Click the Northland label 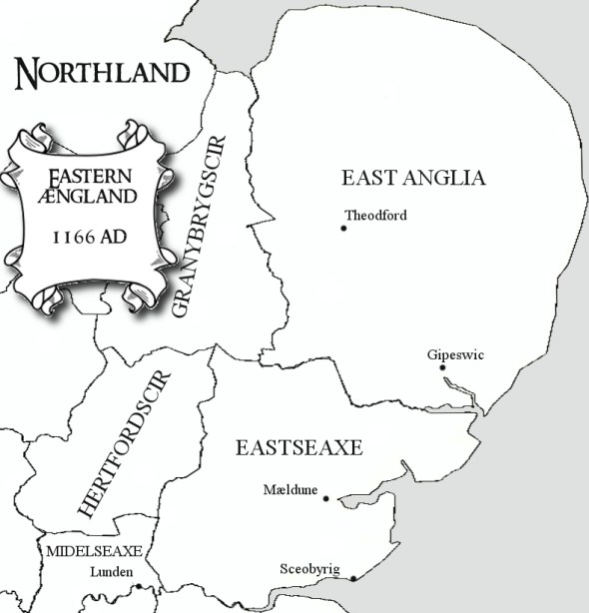[x=103, y=72]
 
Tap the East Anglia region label [x=413, y=178]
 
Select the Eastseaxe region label [x=298, y=448]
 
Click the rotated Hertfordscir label [x=126, y=446]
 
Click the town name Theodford [x=375, y=215]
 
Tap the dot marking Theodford [x=343, y=228]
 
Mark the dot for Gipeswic [x=442, y=367]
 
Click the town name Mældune [x=292, y=490]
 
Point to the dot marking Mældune [x=326, y=500]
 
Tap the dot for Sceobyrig [x=353, y=578]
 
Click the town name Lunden [x=111, y=572]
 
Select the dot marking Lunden [x=139, y=587]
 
